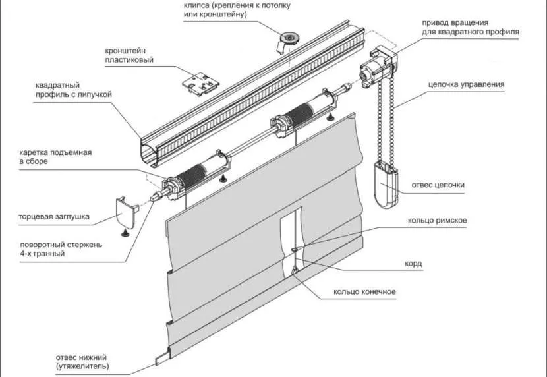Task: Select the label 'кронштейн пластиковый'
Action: [x=129, y=55]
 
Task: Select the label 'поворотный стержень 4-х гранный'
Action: [x=61, y=249]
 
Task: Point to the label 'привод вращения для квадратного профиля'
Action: [x=471, y=27]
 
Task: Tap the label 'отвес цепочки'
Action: [x=438, y=185]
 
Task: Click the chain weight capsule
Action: [x=385, y=185]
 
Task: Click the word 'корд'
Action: [x=413, y=264]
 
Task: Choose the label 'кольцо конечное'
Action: [x=364, y=291]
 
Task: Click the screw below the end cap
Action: [x=124, y=233]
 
